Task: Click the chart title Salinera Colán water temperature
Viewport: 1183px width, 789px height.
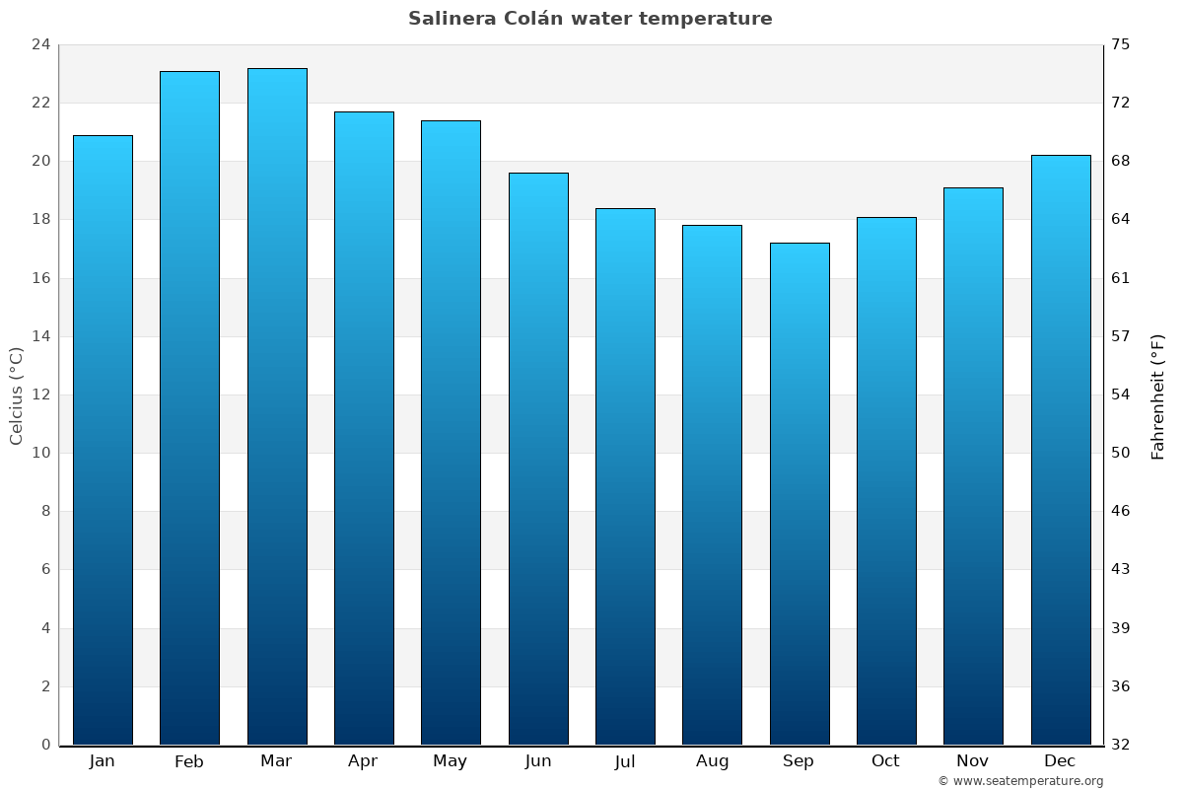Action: [x=591, y=19]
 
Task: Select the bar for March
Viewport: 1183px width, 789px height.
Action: [x=277, y=406]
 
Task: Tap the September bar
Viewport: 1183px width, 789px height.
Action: [x=800, y=493]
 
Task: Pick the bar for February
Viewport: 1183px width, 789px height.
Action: [x=189, y=407]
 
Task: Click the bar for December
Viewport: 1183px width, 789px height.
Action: [x=1061, y=450]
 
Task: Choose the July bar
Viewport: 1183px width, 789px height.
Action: [x=625, y=476]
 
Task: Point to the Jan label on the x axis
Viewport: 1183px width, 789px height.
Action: [x=103, y=761]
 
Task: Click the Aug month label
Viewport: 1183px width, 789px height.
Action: [x=712, y=761]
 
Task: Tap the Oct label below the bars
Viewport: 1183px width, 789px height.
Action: [x=885, y=761]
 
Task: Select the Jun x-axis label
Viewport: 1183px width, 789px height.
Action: [x=538, y=761]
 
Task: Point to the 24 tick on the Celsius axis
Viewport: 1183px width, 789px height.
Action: [x=41, y=44]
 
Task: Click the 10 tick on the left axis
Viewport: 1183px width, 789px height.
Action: [x=41, y=453]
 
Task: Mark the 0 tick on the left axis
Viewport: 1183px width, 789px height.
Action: [x=45, y=745]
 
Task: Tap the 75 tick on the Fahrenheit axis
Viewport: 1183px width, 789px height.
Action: [x=1121, y=44]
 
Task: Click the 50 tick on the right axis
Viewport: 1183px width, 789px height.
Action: [x=1121, y=453]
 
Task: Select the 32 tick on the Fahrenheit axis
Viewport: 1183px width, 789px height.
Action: [x=1121, y=745]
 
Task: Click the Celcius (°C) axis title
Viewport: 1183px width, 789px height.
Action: [x=17, y=395]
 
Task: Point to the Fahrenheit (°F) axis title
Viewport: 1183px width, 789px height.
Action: [x=1158, y=395]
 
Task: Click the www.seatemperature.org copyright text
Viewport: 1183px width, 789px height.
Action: [x=1020, y=781]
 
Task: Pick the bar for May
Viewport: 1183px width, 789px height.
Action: [x=451, y=432]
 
